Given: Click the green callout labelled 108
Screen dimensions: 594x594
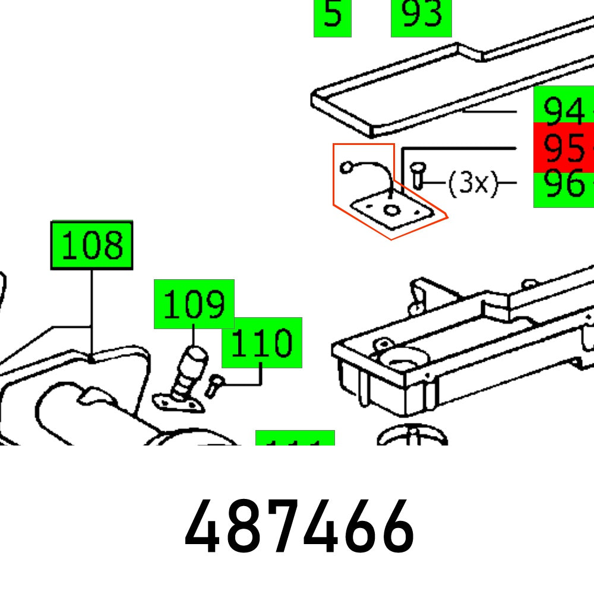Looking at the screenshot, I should pos(92,245).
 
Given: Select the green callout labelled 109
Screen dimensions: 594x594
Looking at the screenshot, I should pos(194,304).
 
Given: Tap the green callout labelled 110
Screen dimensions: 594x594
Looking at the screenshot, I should pos(261,343).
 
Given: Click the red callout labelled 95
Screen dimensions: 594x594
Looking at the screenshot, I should pos(563,147).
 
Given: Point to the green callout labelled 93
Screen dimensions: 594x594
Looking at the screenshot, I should pos(421,17).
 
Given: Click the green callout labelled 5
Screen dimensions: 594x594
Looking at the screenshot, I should pos(333,17).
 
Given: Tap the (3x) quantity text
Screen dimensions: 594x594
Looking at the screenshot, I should pos(472,184).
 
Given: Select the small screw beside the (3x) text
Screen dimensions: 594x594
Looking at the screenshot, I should pos(417,176).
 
